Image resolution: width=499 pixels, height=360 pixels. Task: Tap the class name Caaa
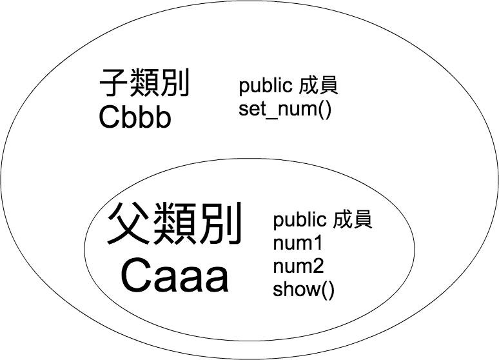point(175,278)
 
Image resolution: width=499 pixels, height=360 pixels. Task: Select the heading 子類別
point(144,84)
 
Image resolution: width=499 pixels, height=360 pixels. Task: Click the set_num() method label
point(284,108)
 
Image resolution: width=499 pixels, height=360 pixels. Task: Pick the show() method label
point(304,289)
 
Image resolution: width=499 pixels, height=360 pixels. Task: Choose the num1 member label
point(297,243)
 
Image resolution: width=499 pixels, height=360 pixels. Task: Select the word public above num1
point(300,221)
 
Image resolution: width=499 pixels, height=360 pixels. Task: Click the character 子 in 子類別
point(114,84)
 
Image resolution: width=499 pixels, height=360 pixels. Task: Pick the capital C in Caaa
point(135,278)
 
